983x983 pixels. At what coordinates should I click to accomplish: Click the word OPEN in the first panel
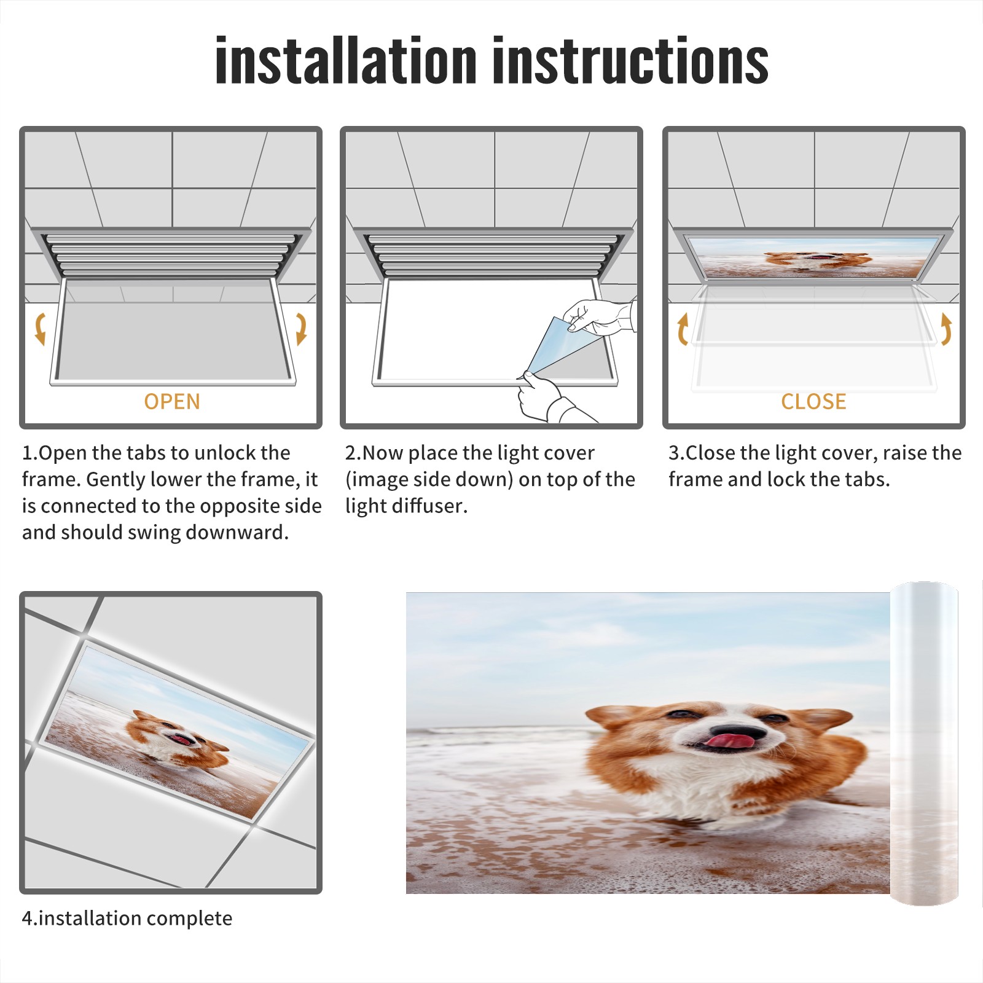click(x=172, y=401)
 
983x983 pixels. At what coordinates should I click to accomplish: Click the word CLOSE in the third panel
click(x=813, y=401)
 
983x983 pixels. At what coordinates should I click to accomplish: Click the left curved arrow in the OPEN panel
click(x=40, y=329)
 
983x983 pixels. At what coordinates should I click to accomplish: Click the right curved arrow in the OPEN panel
click(x=302, y=329)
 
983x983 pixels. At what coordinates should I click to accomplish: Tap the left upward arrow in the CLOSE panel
click(x=683, y=329)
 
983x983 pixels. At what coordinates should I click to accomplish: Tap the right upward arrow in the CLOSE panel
click(x=946, y=329)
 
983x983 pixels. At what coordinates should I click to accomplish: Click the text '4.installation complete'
click(x=127, y=918)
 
